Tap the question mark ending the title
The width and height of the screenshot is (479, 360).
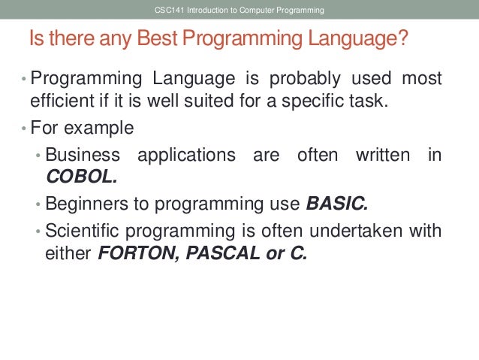tap(406, 39)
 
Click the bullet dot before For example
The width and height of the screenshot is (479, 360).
tap(23, 128)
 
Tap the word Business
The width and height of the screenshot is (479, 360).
tap(83, 155)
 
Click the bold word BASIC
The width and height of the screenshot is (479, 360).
tap(338, 203)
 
